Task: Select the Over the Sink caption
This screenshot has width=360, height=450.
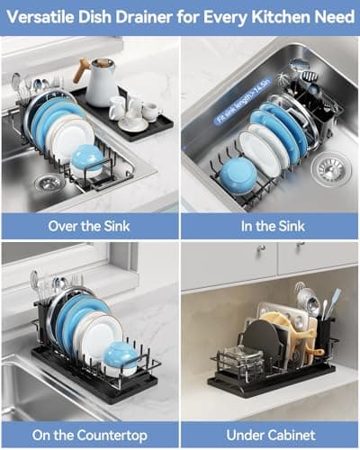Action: (89, 226)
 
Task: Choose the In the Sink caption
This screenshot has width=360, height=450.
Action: (269, 226)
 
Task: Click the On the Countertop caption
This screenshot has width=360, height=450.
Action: (89, 435)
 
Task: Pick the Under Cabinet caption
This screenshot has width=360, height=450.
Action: (269, 435)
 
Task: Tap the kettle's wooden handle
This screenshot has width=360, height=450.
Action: (83, 69)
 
